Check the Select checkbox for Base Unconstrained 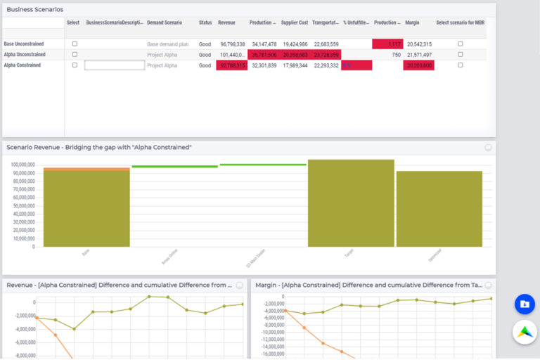click(75, 44)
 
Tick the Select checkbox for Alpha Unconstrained click(75, 54)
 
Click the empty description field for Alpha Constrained click(115, 65)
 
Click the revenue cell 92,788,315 click(231, 65)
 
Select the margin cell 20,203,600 click(418, 65)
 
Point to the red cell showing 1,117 click(387, 44)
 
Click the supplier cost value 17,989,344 click(295, 65)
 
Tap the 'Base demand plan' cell click(168, 44)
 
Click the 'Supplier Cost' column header click(294, 22)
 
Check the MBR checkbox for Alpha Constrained click(461, 65)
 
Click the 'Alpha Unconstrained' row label click(25, 54)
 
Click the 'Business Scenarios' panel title click(34, 10)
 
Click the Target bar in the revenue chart click(351, 204)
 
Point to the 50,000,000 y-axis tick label click(23, 206)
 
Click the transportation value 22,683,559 click(326, 44)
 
